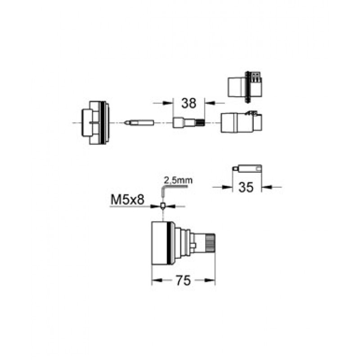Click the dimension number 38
189,103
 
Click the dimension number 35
246,187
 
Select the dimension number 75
184,280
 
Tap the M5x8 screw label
127,199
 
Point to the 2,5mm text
178,180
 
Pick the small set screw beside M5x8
162,206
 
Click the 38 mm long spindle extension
189,122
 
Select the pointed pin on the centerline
139,122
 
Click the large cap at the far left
96,123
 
